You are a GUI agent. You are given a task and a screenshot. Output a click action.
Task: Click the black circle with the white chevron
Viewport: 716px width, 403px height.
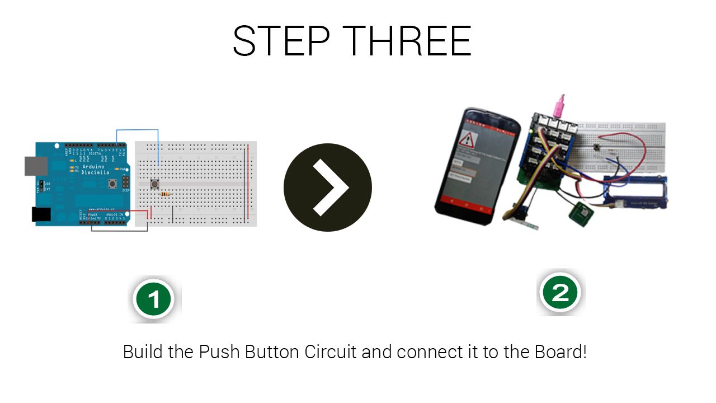coord(328,188)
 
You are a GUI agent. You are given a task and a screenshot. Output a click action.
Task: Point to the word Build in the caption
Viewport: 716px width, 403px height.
coord(141,353)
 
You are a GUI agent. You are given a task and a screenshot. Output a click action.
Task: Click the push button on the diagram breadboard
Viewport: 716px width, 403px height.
coord(155,184)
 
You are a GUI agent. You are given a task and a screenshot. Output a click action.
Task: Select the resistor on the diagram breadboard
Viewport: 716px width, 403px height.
coord(165,194)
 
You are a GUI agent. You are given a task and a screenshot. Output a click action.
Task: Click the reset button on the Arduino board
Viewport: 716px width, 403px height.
coord(114,183)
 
